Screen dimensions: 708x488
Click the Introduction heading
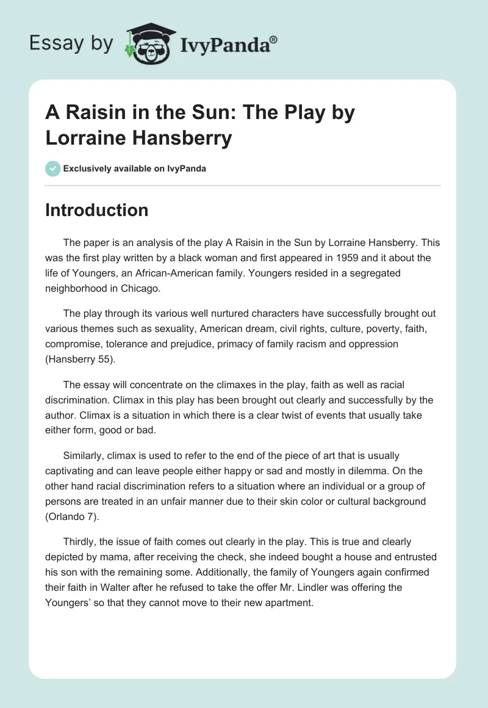[x=97, y=210]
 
